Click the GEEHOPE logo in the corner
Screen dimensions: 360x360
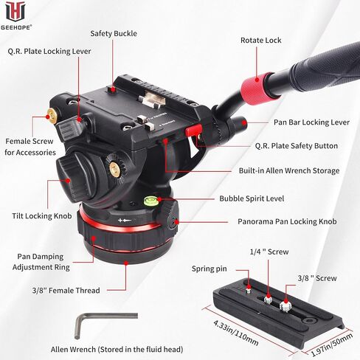coord(14,13)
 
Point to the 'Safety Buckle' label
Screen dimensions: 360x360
coord(114,34)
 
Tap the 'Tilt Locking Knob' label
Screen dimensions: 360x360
coord(41,216)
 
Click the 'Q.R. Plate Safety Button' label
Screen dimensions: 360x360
coord(295,146)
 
